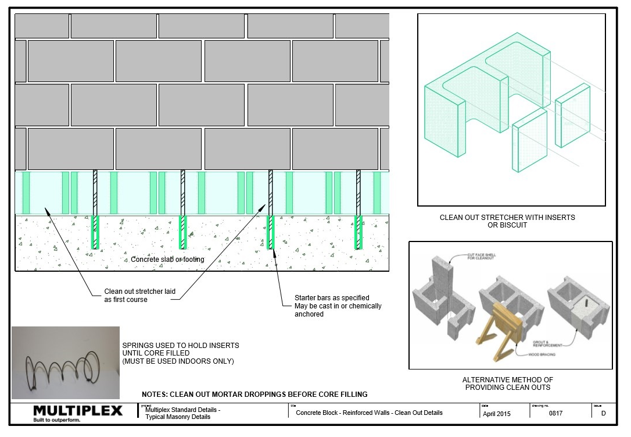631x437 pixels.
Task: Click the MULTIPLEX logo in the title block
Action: click(78, 410)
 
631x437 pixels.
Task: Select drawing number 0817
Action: click(555, 413)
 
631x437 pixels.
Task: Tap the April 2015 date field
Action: click(496, 414)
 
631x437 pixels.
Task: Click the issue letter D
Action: click(603, 413)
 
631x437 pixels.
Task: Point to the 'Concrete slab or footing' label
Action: click(167, 260)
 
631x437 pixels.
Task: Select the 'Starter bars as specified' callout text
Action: click(332, 298)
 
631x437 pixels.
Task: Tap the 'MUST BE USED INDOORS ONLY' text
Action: click(178, 361)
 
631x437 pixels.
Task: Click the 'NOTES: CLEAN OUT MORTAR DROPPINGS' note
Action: click(254, 394)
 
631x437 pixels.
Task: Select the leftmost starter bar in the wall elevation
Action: click(95, 209)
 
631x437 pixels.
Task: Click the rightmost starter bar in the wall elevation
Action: click(358, 209)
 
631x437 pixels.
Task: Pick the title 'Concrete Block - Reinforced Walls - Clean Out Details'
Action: click(369, 413)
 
